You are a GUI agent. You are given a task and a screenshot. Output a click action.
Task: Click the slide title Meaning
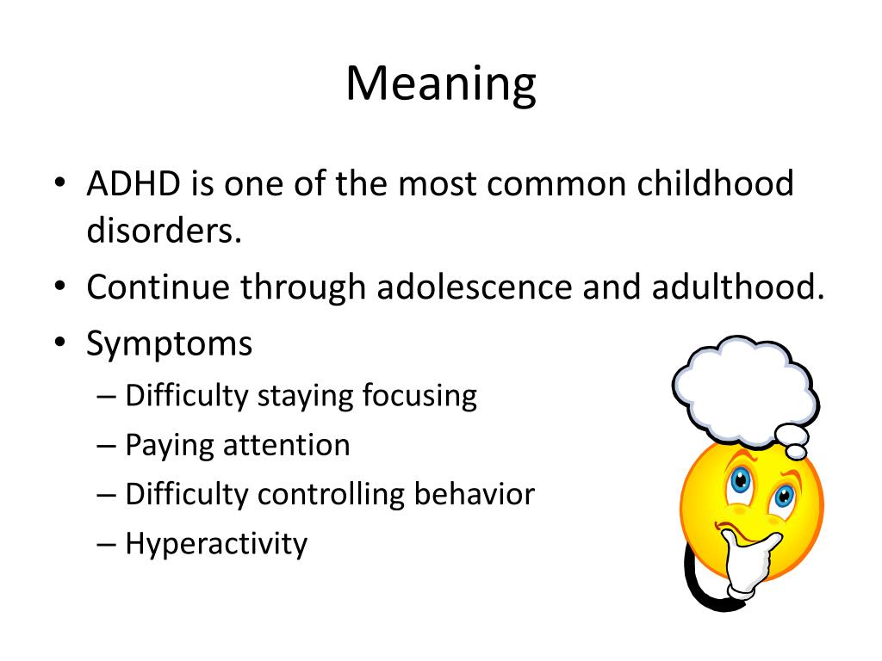click(x=441, y=84)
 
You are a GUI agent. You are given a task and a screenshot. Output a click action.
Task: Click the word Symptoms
click(x=170, y=344)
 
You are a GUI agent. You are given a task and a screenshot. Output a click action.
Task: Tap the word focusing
click(x=419, y=396)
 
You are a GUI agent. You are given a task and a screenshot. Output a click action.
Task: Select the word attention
click(x=287, y=445)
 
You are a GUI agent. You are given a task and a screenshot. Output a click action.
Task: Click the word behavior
click(x=475, y=493)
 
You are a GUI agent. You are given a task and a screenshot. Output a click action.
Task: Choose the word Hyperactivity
click(x=216, y=544)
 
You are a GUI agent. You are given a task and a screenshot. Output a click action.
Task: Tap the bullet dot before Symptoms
click(x=60, y=343)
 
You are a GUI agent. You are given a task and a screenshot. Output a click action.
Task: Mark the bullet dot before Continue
click(x=60, y=286)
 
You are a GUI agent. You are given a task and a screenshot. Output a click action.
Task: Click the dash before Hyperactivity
click(x=106, y=544)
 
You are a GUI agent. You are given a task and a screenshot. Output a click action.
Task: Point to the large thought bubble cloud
click(x=745, y=388)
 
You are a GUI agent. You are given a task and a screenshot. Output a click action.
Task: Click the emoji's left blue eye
click(x=741, y=480)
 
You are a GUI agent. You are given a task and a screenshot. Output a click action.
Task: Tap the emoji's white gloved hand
click(x=745, y=562)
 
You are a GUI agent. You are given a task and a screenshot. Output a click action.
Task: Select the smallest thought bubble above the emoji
click(x=796, y=452)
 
